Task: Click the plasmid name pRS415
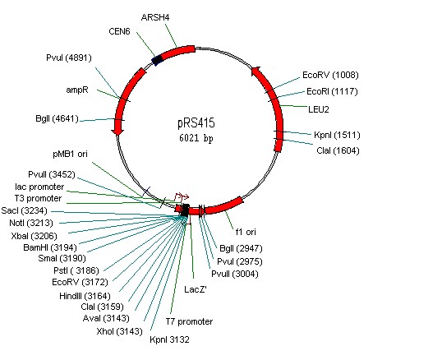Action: coord(196,122)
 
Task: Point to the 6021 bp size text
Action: coord(196,138)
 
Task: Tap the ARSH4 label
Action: coord(155,17)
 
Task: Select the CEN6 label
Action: coord(119,31)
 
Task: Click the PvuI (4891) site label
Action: coord(69,58)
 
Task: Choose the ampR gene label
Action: coord(77,90)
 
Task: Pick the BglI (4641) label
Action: coord(57,118)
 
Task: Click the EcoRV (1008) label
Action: coord(330,75)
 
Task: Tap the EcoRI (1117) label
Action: coord(332,91)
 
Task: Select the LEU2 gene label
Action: coord(319,109)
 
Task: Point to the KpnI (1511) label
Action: coord(337,135)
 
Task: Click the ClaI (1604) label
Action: coord(338,150)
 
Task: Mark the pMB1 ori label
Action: coord(70,154)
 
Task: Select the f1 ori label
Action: coord(246,232)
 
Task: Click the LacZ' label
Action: coord(196,289)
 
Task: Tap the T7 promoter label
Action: coord(189,321)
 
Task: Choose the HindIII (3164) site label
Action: coord(85,296)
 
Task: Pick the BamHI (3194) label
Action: coord(50,247)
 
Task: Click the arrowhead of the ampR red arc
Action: coord(117,131)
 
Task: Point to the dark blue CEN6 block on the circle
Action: coord(157,59)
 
